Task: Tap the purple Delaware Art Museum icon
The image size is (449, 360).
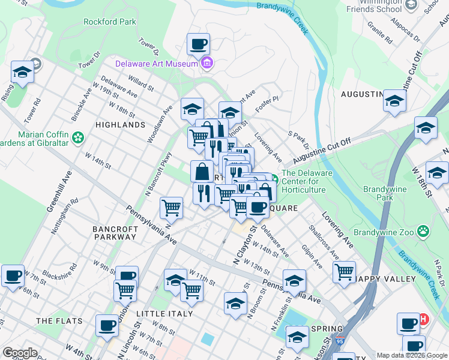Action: (x=207, y=62)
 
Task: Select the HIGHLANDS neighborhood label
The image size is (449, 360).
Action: (x=120, y=125)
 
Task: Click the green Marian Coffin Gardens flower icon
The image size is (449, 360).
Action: (x=77, y=139)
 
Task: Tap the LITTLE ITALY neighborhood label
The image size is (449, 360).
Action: (x=164, y=314)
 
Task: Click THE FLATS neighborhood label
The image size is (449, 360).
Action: (x=59, y=321)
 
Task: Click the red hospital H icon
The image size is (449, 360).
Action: (x=423, y=319)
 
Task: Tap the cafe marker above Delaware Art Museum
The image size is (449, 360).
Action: (x=198, y=44)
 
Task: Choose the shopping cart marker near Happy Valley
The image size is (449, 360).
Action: (x=344, y=272)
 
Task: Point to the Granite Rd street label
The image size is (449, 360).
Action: (x=380, y=35)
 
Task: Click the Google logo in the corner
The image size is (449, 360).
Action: (x=20, y=353)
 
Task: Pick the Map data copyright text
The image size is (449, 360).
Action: (x=412, y=355)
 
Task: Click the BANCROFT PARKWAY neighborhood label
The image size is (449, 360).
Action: (x=115, y=233)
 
